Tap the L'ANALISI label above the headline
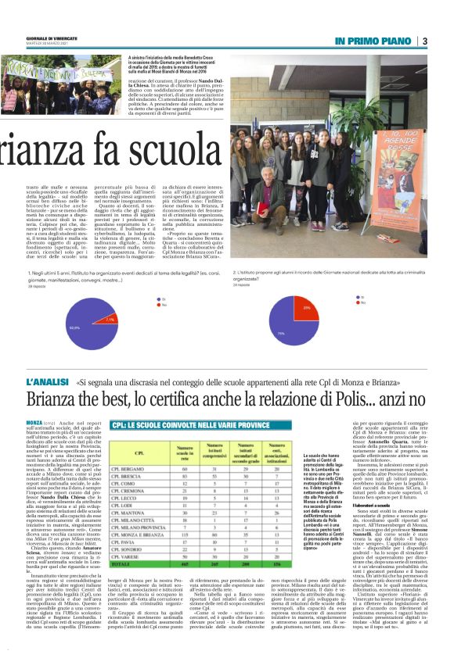[x=52, y=381]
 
